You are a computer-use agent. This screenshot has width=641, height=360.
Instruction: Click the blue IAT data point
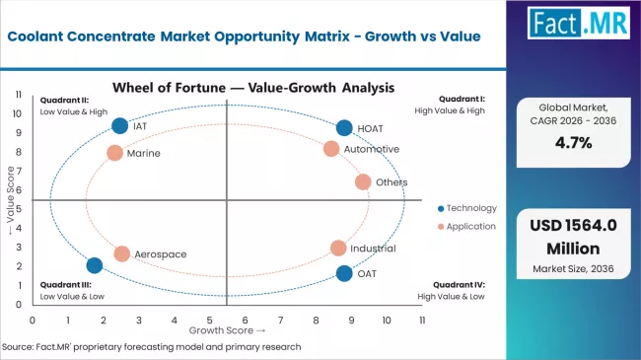click(x=120, y=125)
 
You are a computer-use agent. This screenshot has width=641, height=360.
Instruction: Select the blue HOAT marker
click(x=344, y=128)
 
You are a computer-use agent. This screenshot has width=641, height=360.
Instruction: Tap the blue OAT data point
click(x=344, y=273)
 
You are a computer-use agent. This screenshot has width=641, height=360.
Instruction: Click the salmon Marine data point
click(x=114, y=153)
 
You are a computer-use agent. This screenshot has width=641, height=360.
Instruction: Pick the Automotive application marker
click(x=331, y=149)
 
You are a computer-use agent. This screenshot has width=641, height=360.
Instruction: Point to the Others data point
click(x=363, y=182)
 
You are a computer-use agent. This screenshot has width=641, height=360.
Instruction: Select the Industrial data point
click(x=338, y=249)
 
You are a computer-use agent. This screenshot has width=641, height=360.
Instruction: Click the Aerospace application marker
click(x=122, y=253)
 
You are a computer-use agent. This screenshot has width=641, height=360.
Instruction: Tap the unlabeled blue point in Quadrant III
click(x=95, y=265)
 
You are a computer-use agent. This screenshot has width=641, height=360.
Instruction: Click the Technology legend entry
click(x=465, y=208)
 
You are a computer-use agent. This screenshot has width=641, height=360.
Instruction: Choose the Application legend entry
click(x=466, y=228)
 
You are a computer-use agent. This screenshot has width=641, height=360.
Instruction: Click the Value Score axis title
click(x=11, y=205)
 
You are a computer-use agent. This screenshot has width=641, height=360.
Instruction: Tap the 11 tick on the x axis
click(x=422, y=320)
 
